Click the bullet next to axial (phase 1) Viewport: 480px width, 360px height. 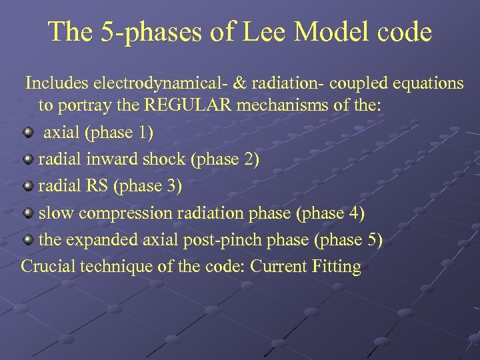pos(28,132)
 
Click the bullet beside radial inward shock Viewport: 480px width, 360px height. pos(28,159)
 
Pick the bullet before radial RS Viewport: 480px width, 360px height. pos(28,186)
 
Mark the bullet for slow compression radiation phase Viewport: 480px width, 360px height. pos(28,213)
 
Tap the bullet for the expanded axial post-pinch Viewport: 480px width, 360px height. pos(28,239)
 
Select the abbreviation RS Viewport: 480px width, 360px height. pos(98,187)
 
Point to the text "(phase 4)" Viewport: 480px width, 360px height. pos(331,213)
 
